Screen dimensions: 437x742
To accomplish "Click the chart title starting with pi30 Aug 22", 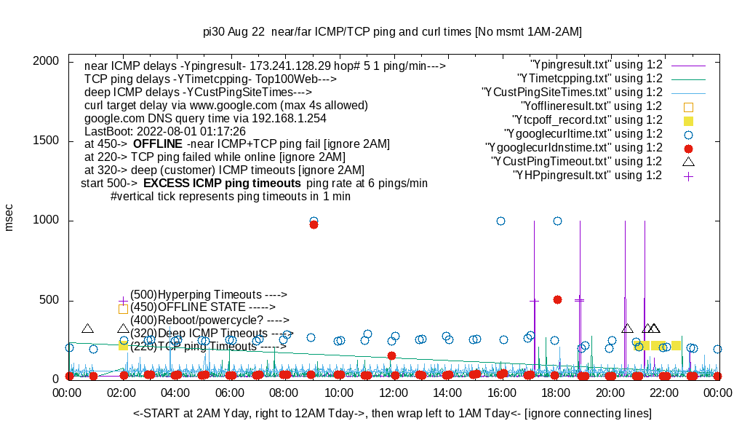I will (x=392, y=32).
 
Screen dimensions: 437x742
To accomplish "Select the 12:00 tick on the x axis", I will (x=394, y=392).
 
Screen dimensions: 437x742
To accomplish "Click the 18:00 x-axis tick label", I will (x=556, y=392).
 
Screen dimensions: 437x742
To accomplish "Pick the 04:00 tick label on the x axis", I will (x=177, y=392).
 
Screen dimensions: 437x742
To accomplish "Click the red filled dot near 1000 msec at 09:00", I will (x=314, y=224).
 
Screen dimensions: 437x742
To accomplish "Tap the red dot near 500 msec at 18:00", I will (x=557, y=299).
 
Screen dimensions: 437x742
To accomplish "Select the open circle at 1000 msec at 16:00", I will (x=500, y=221).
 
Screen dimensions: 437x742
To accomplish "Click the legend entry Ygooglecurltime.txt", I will (x=583, y=134).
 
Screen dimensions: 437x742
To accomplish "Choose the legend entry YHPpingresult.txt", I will (x=587, y=176).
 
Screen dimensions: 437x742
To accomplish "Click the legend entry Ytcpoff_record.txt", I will (x=587, y=120).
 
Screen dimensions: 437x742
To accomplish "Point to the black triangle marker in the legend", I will (x=688, y=162).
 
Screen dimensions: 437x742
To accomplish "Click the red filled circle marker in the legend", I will (x=688, y=148).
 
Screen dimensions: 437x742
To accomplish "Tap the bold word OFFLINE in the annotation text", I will (x=157, y=144).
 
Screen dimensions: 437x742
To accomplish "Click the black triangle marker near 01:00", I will (x=87, y=329).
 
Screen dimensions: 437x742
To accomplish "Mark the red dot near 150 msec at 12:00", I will (x=391, y=355).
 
